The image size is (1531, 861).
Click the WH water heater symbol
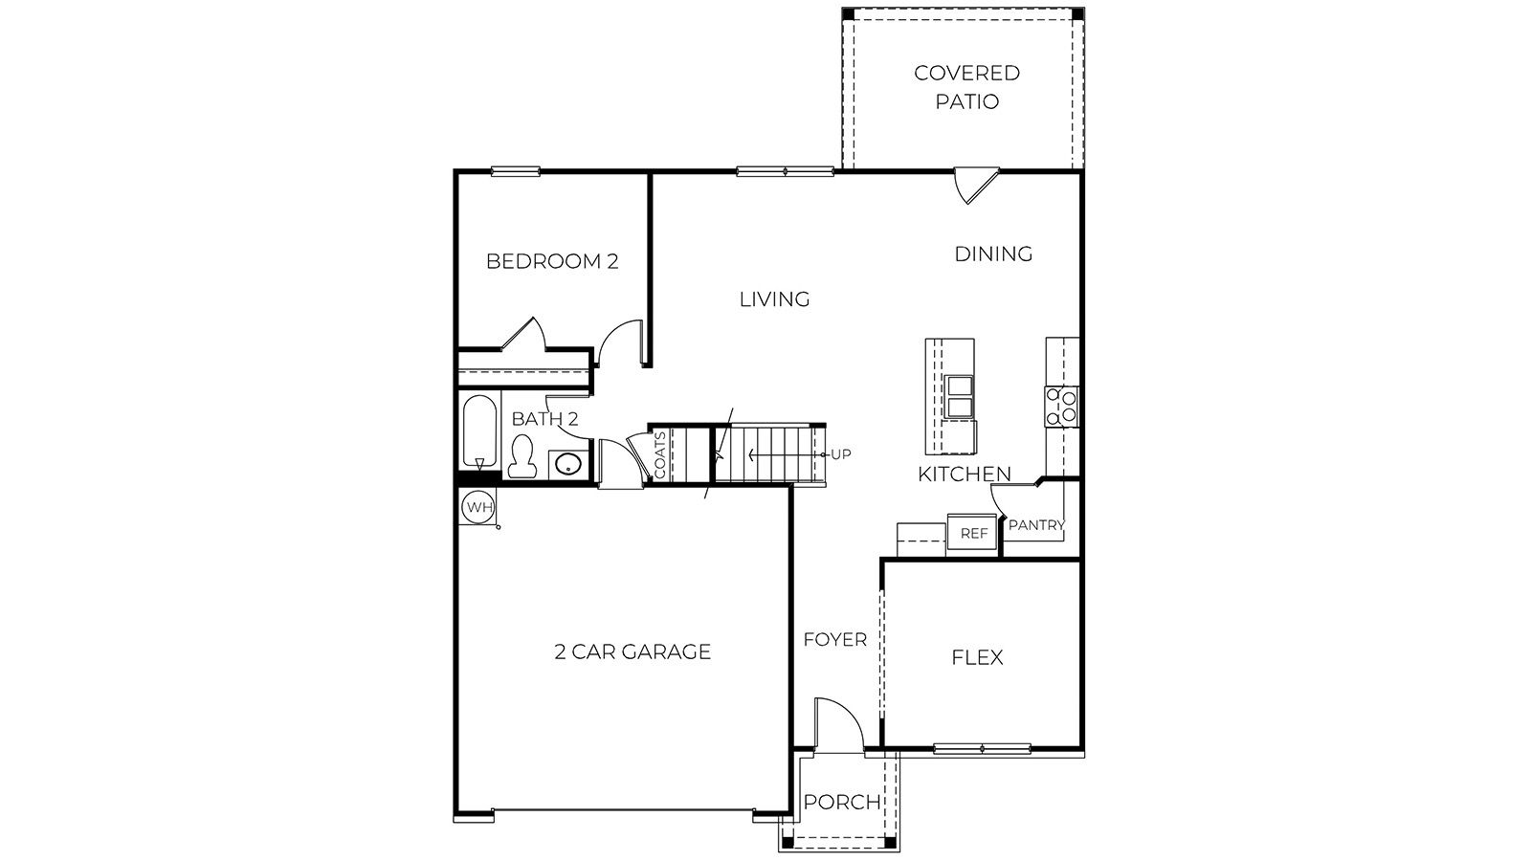point(477,507)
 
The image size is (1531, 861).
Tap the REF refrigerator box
point(973,534)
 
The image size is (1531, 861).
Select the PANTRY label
point(1036,525)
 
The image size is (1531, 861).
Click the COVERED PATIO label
point(966,87)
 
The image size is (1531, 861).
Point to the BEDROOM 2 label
point(552,261)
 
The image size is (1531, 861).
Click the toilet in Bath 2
point(521,457)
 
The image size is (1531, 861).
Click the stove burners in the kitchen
point(1061,406)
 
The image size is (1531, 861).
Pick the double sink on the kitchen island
point(959,397)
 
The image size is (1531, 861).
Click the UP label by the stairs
point(840,454)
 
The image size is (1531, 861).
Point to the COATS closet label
point(660,455)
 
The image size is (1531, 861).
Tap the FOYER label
point(834,639)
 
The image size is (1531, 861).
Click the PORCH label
point(841,802)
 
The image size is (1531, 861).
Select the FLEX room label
point(977,657)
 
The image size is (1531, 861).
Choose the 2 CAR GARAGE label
point(632,651)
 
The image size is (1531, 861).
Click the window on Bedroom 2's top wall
point(516,172)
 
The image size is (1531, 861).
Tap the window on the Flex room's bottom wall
point(982,748)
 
